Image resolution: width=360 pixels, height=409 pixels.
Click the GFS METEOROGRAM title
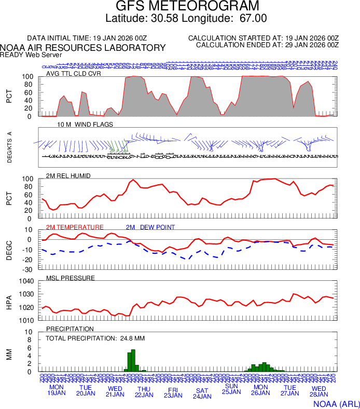pyautogui.click(x=186, y=6)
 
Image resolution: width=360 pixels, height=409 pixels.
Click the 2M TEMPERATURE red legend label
pyautogui.click(x=75, y=227)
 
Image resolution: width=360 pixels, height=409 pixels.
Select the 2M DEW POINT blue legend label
pyautogui.click(x=150, y=227)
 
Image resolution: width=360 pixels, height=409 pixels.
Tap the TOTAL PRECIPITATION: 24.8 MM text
pyautogui.click(x=95, y=338)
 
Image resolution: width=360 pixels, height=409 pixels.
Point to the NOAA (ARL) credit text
pyautogui.click(x=336, y=403)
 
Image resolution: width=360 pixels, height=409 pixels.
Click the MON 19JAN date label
pyautogui.click(x=57, y=390)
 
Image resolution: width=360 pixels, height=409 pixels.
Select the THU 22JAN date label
pyautogui.click(x=144, y=392)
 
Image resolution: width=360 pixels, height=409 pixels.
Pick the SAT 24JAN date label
pyautogui.click(x=202, y=393)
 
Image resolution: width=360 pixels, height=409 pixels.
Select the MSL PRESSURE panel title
pyautogui.click(x=71, y=278)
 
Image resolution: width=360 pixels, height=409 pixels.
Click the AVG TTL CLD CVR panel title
pyautogui.click(x=74, y=73)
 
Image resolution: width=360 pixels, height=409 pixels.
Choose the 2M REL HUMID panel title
pyautogui.click(x=68, y=176)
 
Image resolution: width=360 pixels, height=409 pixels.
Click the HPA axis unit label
pyautogui.click(x=9, y=302)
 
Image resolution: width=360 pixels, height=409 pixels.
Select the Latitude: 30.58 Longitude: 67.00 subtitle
pyautogui.click(x=186, y=18)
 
